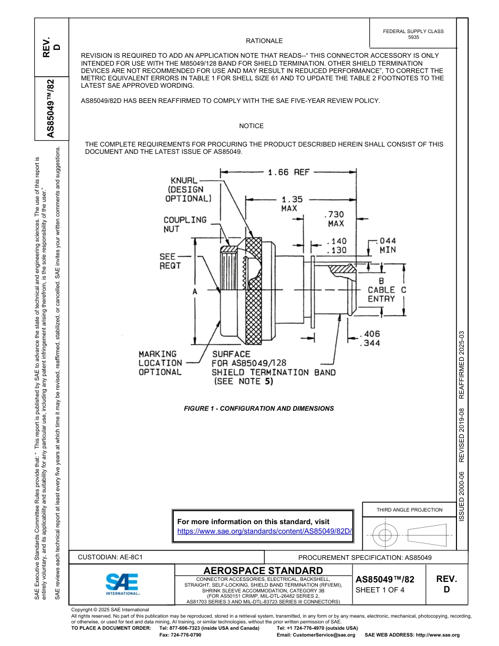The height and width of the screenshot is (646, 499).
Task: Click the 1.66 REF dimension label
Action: pos(288,172)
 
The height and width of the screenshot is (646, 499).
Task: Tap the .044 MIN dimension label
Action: pos(388,245)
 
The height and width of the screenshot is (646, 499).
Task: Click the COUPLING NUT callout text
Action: pos(185,224)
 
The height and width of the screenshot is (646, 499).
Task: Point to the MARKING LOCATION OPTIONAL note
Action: pos(160,363)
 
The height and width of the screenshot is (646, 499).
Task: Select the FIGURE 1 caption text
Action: pos(258,408)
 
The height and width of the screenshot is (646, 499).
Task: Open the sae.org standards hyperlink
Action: pos(264,531)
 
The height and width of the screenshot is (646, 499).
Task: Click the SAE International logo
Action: pos(122,584)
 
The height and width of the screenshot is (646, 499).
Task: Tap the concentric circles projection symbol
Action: pos(385,536)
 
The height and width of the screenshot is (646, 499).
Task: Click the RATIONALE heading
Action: pos(264,41)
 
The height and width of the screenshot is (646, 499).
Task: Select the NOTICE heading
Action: pos(251,126)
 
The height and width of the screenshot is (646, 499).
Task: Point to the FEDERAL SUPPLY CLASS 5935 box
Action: pos(413,34)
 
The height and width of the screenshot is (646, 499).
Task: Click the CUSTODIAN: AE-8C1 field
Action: pos(110,557)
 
